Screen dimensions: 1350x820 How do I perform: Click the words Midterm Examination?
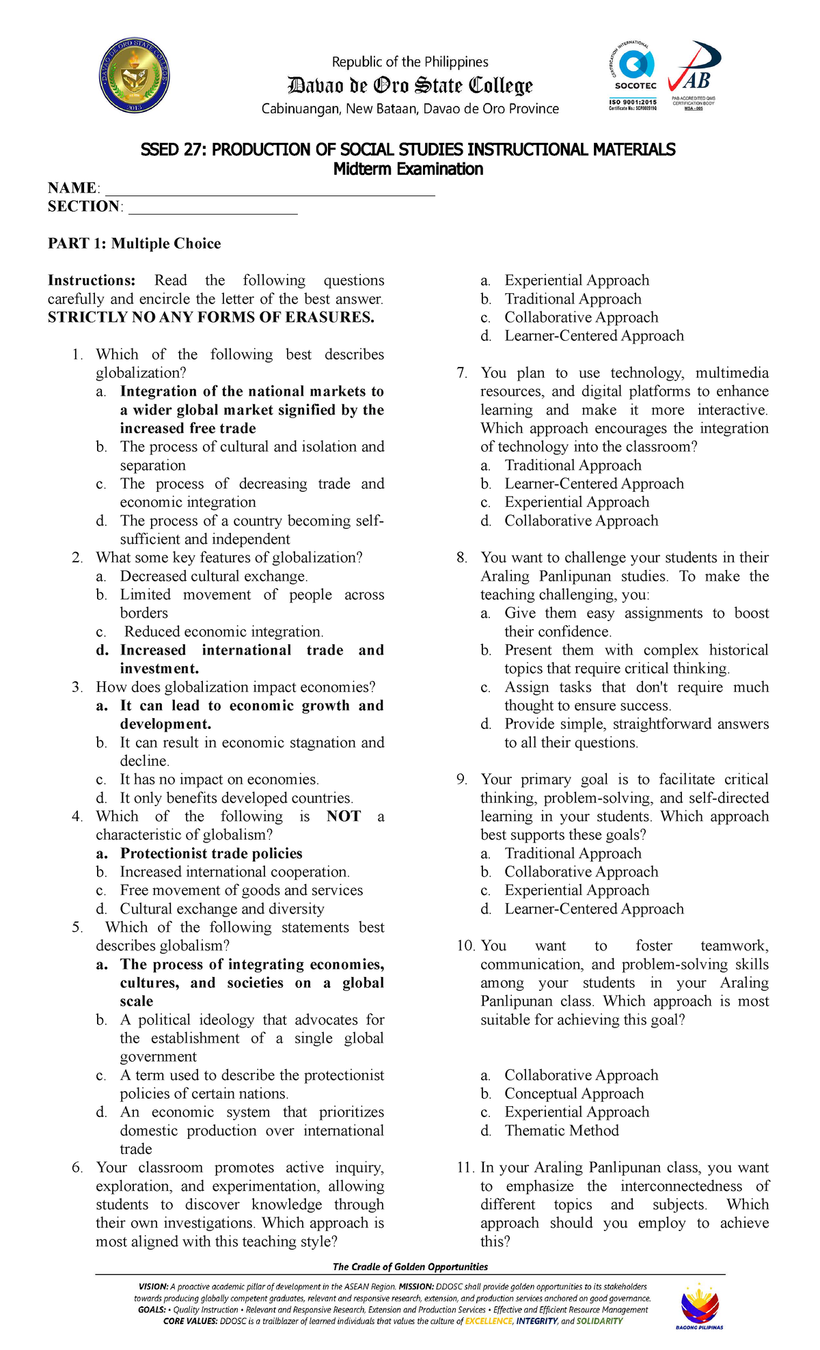coord(408,169)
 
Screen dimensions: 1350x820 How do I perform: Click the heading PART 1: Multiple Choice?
coord(134,244)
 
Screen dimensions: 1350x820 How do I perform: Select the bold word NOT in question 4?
coord(343,816)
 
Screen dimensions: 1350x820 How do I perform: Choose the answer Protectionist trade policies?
coord(211,853)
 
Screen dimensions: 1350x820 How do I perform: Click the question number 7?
coord(462,373)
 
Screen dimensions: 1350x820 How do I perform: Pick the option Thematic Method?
coord(562,1131)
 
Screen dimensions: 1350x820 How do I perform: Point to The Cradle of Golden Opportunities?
coord(410,1267)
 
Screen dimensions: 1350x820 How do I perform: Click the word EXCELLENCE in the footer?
coord(489,1321)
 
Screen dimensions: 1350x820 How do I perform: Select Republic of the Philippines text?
coord(410,62)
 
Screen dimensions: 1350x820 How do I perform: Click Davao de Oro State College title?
coord(410,86)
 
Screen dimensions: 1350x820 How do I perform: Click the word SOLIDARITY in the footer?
coord(599,1321)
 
